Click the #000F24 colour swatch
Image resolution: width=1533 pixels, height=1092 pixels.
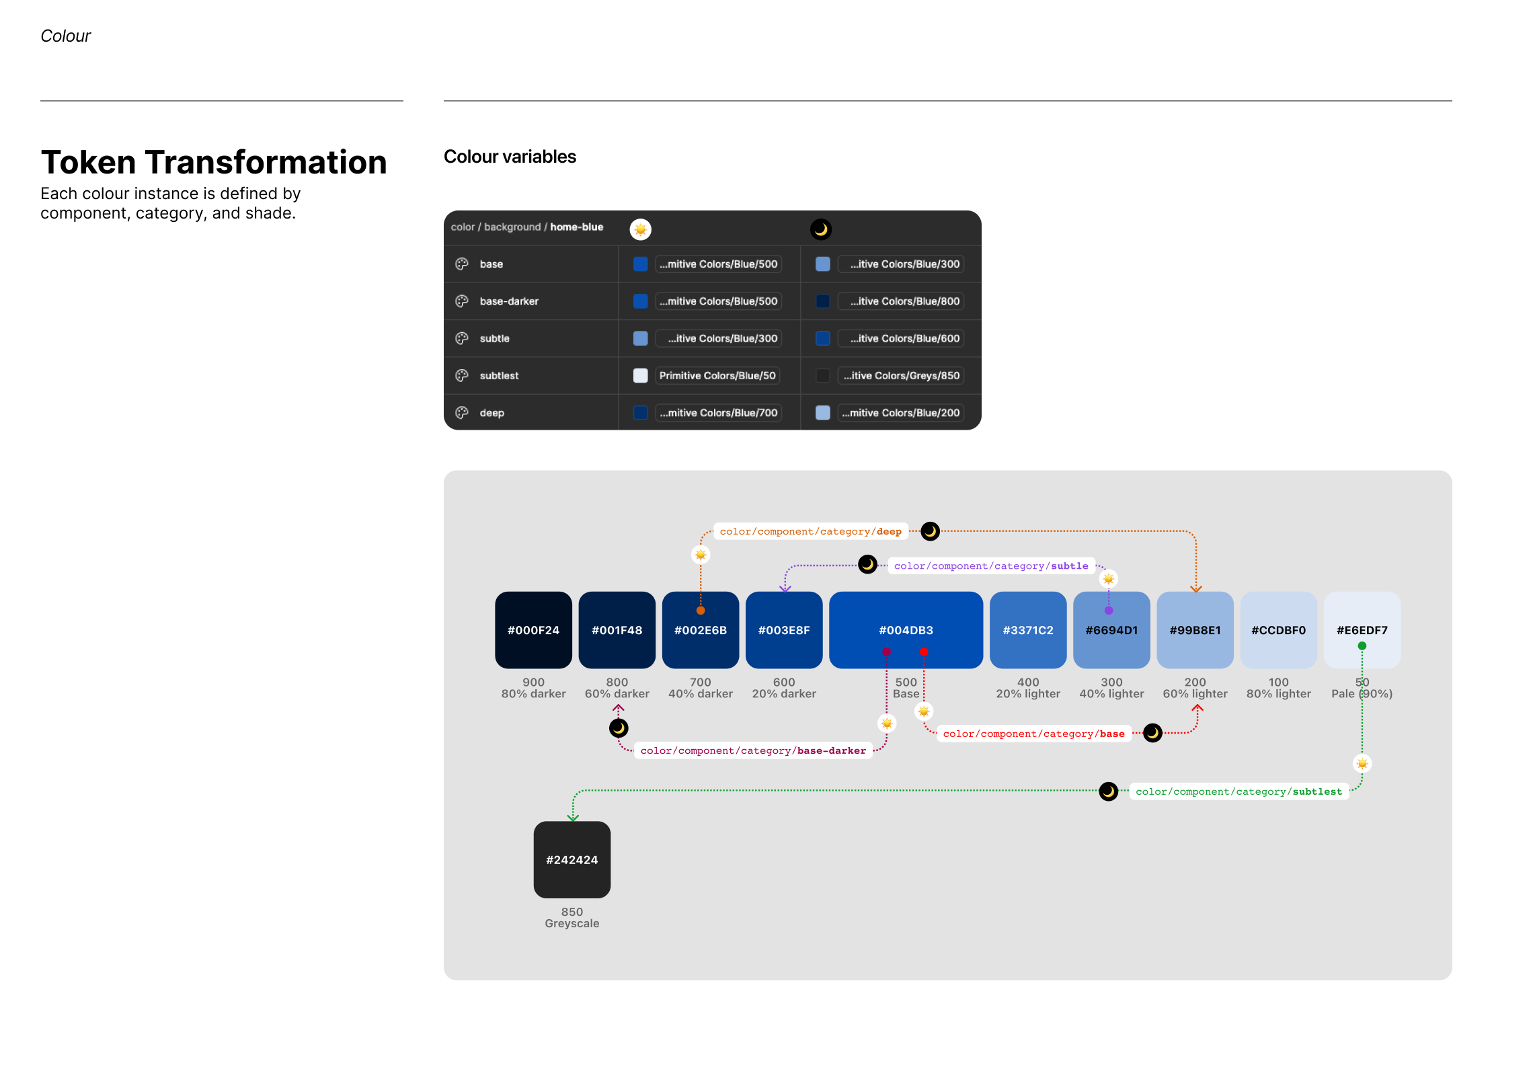point(533,629)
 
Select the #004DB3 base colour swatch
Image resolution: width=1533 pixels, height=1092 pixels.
point(906,629)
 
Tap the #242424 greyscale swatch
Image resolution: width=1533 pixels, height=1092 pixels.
point(572,859)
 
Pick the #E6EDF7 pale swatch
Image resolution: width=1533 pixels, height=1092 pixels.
point(1362,629)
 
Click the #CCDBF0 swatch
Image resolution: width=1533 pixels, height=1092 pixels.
point(1278,629)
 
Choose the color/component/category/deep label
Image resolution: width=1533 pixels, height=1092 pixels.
point(811,531)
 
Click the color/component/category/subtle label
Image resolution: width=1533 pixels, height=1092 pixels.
point(991,565)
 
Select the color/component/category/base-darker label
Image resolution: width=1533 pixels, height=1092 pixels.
point(753,750)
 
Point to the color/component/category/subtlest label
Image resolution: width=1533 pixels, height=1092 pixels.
point(1239,791)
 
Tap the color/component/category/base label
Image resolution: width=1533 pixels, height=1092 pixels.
point(1033,734)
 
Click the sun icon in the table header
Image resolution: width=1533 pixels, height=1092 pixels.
point(641,229)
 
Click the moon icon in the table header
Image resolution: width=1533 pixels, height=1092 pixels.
point(821,229)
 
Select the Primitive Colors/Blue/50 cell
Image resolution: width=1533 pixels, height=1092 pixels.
point(717,375)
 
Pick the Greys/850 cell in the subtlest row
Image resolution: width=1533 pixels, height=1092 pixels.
point(901,375)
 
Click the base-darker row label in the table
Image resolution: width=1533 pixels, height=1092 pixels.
point(509,301)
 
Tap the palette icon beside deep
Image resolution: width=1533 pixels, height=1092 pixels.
point(462,412)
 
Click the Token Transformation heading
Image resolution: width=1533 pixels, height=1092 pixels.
point(214,162)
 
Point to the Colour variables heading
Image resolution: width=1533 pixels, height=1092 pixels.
point(510,157)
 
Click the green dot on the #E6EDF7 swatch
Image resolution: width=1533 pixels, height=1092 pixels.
point(1362,646)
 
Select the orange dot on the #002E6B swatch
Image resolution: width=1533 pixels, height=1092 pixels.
point(701,611)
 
